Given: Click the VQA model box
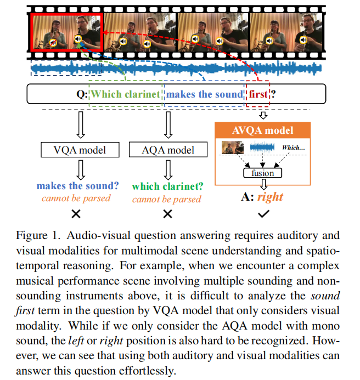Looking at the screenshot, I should (78, 149).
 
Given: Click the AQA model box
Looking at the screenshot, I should (168, 149).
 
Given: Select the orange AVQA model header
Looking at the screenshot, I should (262, 131).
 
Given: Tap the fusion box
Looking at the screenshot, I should (262, 173).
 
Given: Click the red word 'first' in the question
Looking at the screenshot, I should (258, 94).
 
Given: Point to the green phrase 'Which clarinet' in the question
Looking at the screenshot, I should (126, 94).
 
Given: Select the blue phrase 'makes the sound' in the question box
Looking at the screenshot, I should (205, 94).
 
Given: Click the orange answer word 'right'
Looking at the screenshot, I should (270, 196).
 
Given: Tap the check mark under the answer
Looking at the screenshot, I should (263, 214).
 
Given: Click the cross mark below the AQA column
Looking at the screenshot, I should (167, 214).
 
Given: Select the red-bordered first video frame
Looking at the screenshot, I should (66, 33).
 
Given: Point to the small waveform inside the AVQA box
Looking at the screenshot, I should (262, 148).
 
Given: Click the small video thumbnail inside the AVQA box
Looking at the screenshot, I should (233, 148).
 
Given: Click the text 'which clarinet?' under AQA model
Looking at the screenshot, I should (167, 186).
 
